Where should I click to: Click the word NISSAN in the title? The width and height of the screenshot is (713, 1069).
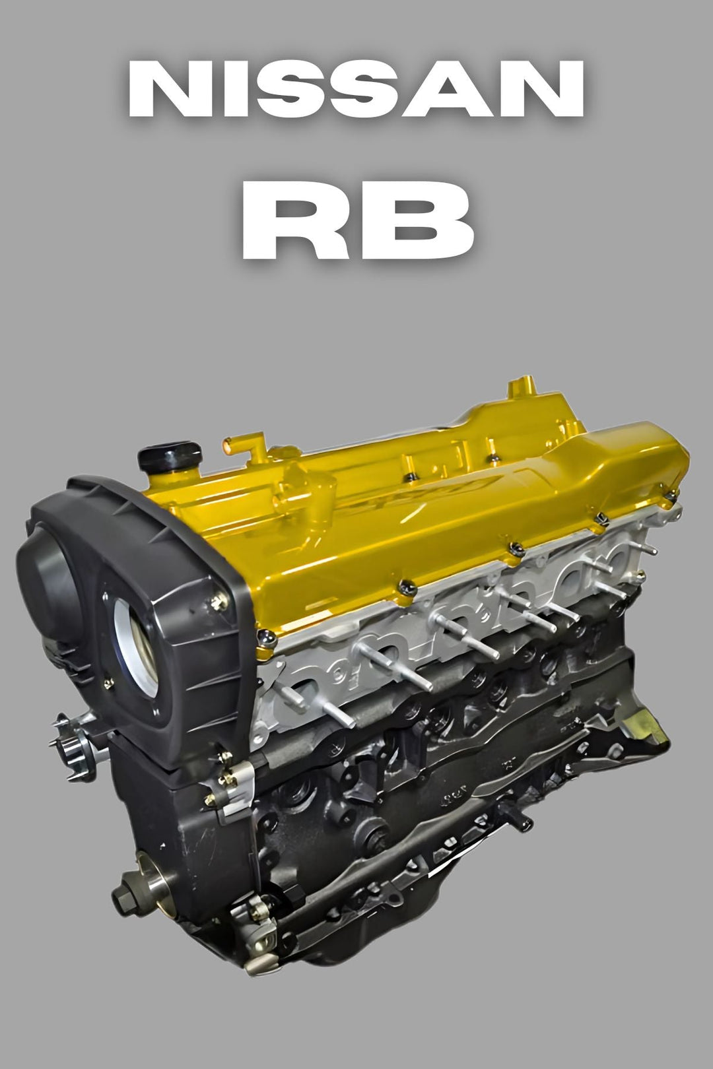356,89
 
